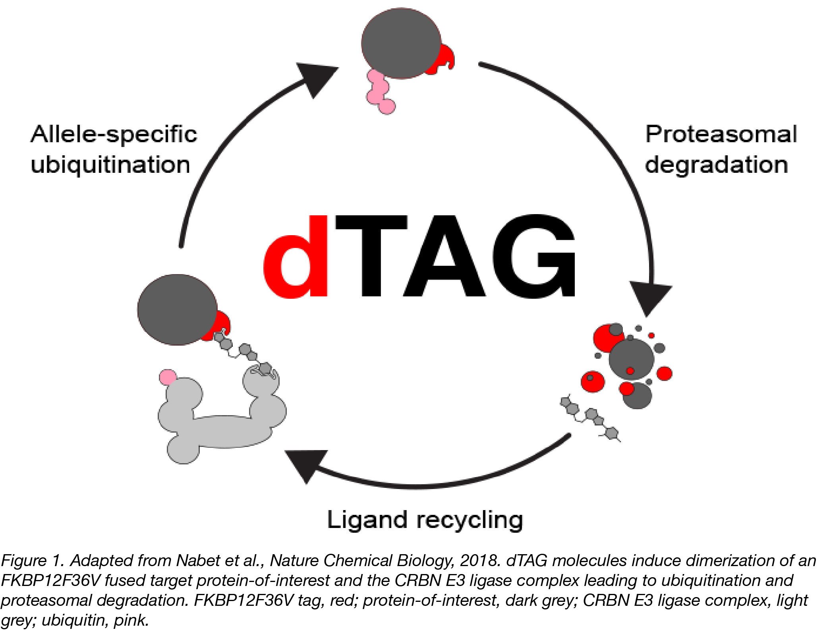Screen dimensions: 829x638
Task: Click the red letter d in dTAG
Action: click(x=296, y=257)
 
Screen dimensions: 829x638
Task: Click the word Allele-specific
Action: click(x=114, y=134)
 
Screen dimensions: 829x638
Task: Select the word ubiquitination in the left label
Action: click(x=110, y=164)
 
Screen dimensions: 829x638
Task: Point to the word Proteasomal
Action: click(x=721, y=134)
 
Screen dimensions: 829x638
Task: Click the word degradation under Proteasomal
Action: click(x=717, y=164)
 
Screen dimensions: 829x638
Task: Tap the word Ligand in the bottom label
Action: click(x=367, y=520)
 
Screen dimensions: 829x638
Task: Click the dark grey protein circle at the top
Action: click(x=401, y=43)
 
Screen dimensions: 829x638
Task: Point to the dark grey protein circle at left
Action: click(x=177, y=309)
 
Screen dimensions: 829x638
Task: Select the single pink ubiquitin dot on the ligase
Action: click(x=168, y=377)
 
